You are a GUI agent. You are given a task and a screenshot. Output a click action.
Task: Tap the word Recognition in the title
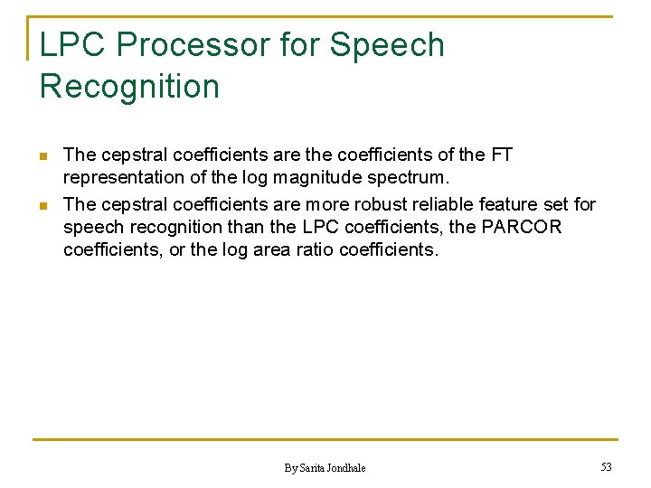129,87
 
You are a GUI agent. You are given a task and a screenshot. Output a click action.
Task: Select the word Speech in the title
387,44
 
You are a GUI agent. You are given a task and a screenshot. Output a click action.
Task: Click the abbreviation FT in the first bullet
501,155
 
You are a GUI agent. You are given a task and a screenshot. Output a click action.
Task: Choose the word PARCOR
522,227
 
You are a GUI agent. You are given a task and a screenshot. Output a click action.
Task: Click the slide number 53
606,466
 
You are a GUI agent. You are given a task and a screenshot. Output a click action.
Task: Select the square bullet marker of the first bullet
42,155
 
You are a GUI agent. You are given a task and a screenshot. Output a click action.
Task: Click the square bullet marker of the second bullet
42,204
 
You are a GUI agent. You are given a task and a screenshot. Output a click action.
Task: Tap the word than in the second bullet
248,227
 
